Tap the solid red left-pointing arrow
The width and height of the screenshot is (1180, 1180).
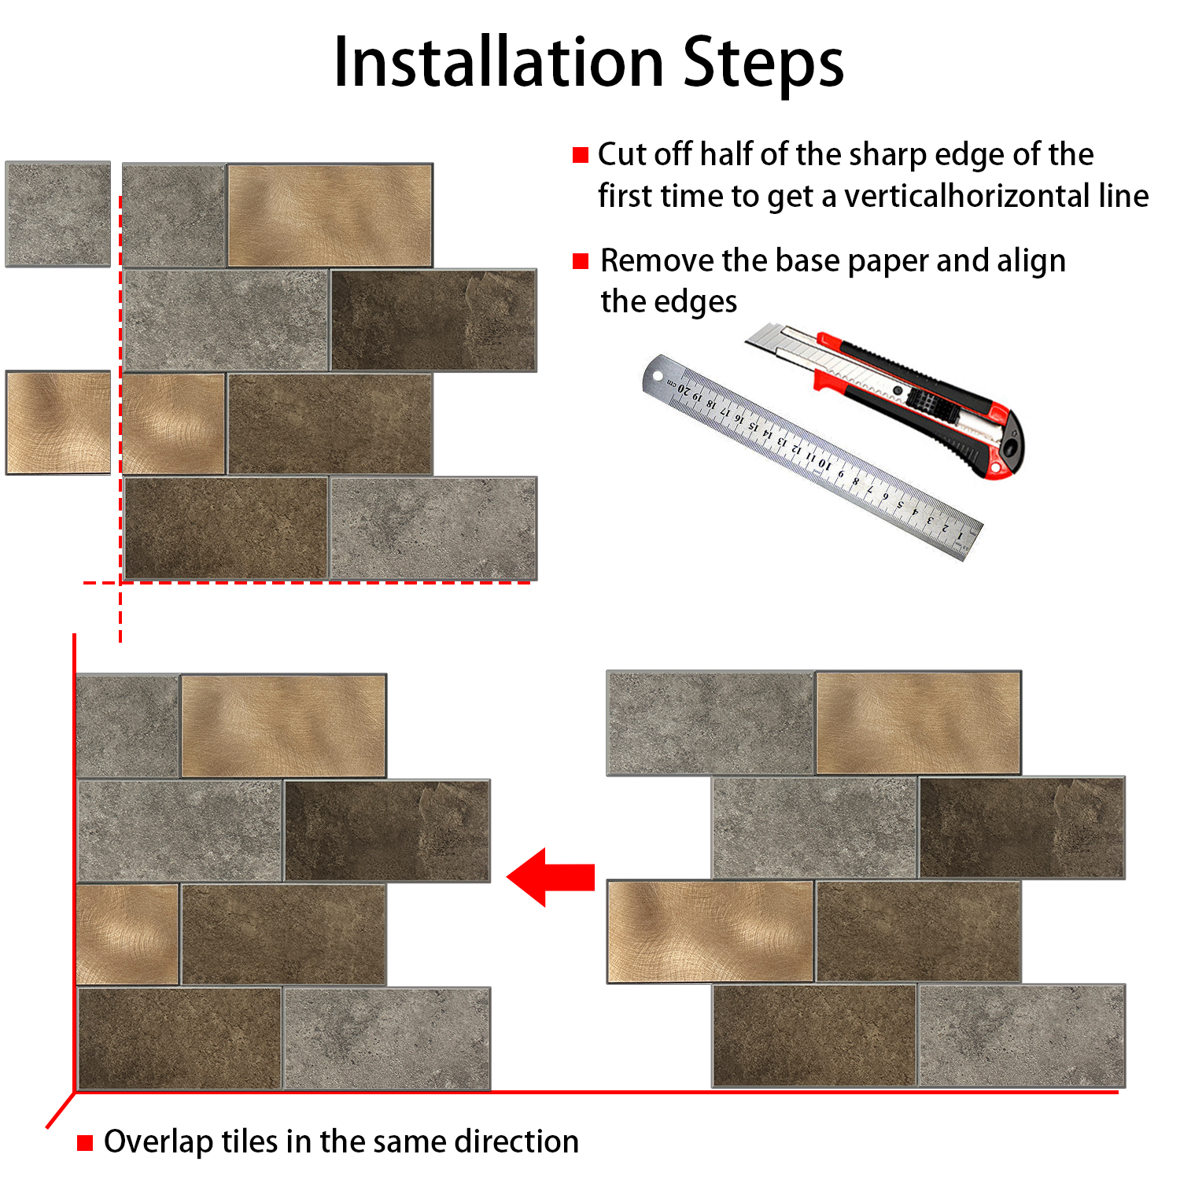coord(550,876)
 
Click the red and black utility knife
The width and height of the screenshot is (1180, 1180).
coord(889,397)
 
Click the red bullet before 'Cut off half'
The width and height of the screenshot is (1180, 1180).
coord(581,155)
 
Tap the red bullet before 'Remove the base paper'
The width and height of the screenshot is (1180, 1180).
coord(581,261)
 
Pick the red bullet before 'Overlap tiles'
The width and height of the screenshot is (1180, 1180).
coord(85,1142)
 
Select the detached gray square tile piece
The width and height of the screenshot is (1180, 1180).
coord(58,214)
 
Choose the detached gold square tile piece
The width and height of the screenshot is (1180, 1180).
coord(58,422)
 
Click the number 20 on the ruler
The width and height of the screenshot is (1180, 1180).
coord(684,389)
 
